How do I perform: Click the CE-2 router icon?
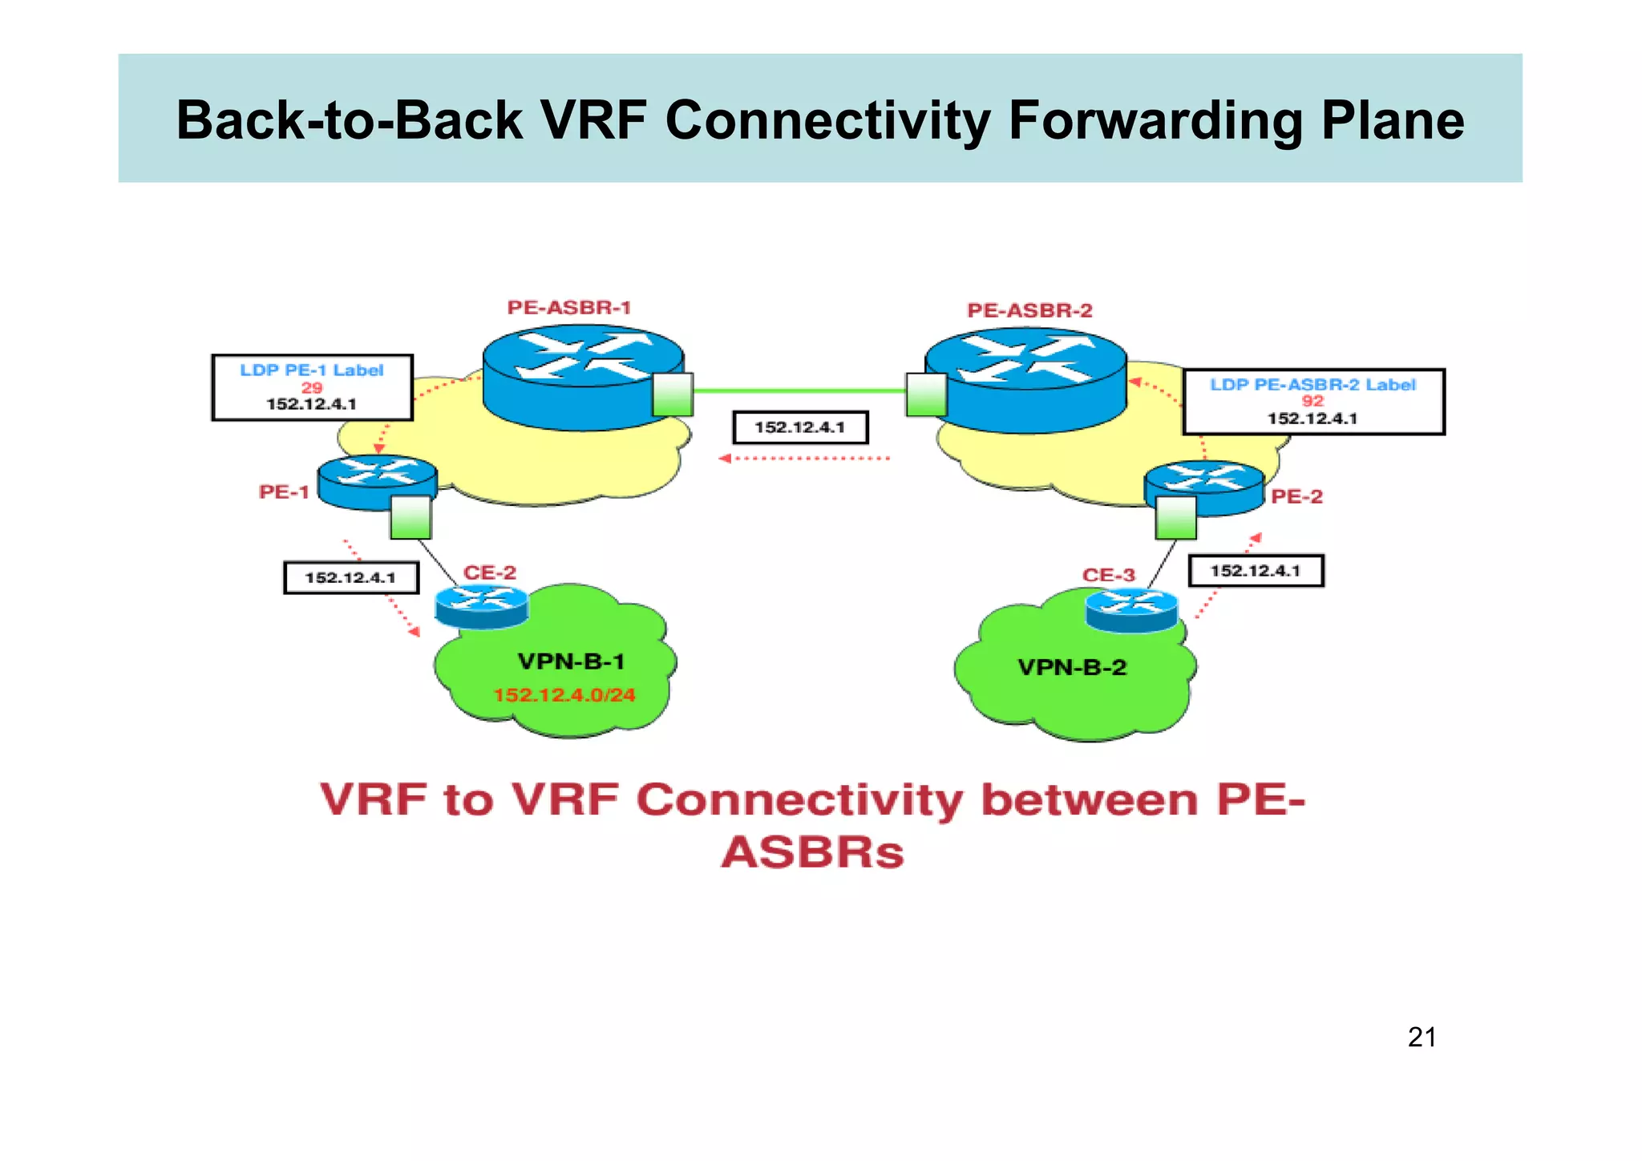pos(481,606)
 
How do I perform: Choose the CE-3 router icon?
pos(1131,609)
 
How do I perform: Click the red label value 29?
pos(312,387)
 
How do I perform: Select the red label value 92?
pos(1312,401)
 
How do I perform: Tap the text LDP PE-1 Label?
pos(312,370)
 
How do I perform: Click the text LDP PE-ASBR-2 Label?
pos(1312,385)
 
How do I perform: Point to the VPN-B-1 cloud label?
pos(571,662)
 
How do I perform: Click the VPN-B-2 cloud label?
pos(1072,667)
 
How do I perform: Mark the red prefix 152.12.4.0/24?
pos(564,695)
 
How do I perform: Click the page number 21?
pos(1422,1038)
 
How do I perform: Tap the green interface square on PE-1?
pos(410,518)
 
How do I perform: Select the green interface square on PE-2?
pos(1175,518)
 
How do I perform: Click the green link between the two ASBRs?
pos(799,391)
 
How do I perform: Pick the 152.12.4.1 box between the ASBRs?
pos(800,427)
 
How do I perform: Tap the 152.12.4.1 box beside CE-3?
pos(1255,571)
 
